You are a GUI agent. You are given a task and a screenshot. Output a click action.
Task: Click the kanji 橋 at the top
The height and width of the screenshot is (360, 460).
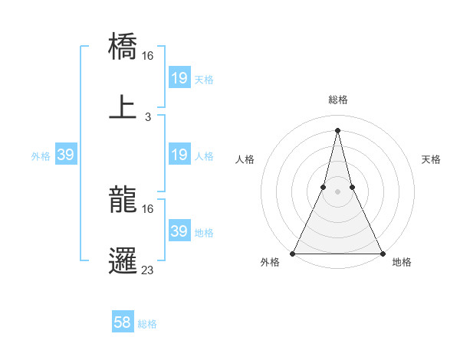(123, 47)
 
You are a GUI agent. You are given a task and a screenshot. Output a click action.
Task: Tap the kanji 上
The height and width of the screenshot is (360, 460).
(123, 108)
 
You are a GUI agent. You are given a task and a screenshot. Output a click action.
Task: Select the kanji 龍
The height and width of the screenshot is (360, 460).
(123, 199)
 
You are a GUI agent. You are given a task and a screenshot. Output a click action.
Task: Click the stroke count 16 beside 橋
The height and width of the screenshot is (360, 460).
(148, 56)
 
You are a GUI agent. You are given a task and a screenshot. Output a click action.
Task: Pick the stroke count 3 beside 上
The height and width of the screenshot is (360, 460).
(148, 117)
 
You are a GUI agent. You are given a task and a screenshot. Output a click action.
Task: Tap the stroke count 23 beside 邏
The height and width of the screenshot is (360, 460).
(148, 270)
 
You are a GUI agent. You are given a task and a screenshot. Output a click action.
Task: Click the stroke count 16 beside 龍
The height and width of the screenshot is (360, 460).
(148, 208)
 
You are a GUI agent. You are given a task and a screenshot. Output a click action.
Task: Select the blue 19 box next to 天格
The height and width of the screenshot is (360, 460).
(179, 78)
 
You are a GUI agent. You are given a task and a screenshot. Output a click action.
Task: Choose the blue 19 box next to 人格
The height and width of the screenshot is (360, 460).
(179, 155)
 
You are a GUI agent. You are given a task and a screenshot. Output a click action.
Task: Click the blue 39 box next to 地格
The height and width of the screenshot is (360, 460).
(179, 231)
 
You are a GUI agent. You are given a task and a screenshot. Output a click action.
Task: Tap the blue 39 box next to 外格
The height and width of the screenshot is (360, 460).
(65, 155)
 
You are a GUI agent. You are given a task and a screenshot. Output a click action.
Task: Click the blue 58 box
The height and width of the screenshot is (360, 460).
(123, 322)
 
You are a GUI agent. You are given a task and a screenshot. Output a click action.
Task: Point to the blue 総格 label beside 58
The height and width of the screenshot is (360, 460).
(147, 324)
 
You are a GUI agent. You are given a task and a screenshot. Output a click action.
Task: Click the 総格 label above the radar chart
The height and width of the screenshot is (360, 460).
(338, 100)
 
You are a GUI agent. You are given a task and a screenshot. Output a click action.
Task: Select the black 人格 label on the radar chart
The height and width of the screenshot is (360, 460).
(245, 159)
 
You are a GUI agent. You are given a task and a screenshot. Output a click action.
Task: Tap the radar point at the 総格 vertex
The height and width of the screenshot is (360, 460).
(337, 129)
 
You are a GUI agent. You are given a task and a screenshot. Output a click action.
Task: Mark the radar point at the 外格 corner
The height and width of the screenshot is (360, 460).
(293, 254)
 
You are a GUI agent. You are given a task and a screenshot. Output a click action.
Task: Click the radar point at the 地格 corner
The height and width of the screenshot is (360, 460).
(382, 254)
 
